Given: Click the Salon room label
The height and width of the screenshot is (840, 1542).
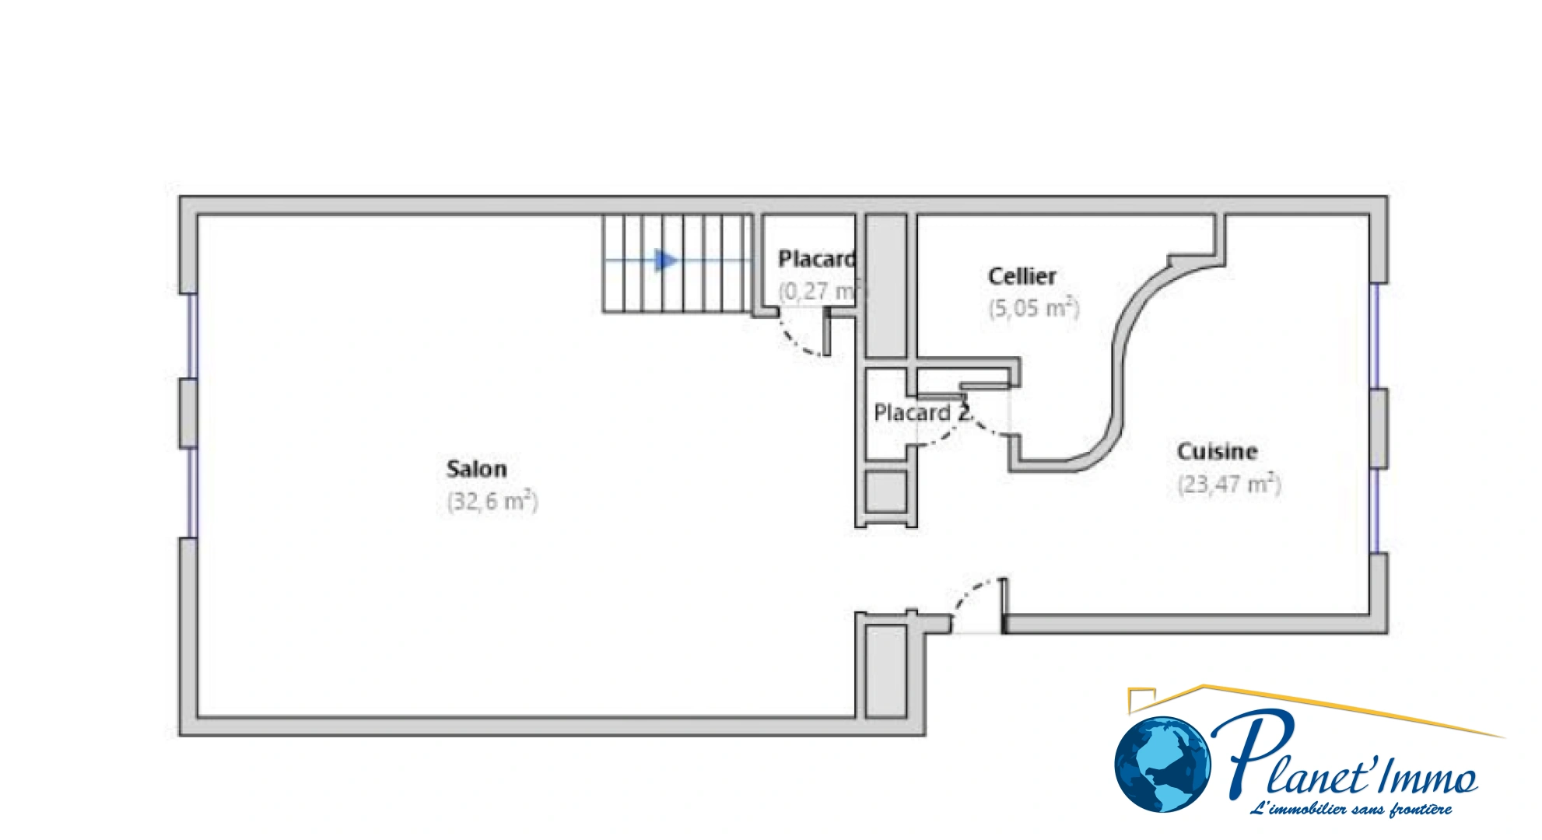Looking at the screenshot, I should coord(476,469).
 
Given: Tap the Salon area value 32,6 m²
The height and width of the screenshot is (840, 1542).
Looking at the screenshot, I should coord(492,501).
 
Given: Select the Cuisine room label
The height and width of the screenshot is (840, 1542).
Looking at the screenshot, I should coord(1217,451).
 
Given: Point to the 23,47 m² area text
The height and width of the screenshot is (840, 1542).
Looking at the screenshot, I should coord(1228,485).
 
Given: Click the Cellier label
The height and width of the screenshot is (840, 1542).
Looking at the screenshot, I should coord(1022,276).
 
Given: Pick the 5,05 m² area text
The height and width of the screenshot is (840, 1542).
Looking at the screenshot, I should coord(1034,308).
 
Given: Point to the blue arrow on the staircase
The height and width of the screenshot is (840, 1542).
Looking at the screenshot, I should coord(665,261).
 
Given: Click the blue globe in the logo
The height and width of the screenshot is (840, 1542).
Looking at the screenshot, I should coord(1162,765).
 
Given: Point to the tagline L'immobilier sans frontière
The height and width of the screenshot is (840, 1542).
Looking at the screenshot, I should coord(1351,810).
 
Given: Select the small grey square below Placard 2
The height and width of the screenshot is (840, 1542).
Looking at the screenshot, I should coord(886,492).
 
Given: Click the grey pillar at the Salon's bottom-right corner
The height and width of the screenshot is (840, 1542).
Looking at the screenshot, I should coord(886,671).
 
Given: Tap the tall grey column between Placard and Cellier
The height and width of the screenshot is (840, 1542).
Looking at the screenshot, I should coord(886,286).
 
